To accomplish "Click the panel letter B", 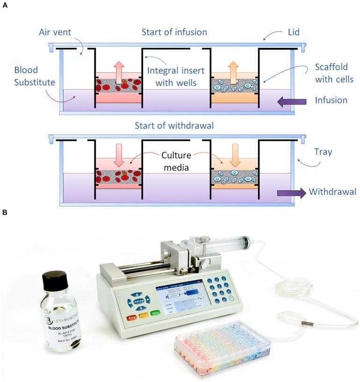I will [x=5, y=212].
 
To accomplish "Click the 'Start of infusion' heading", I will [x=174, y=32].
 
